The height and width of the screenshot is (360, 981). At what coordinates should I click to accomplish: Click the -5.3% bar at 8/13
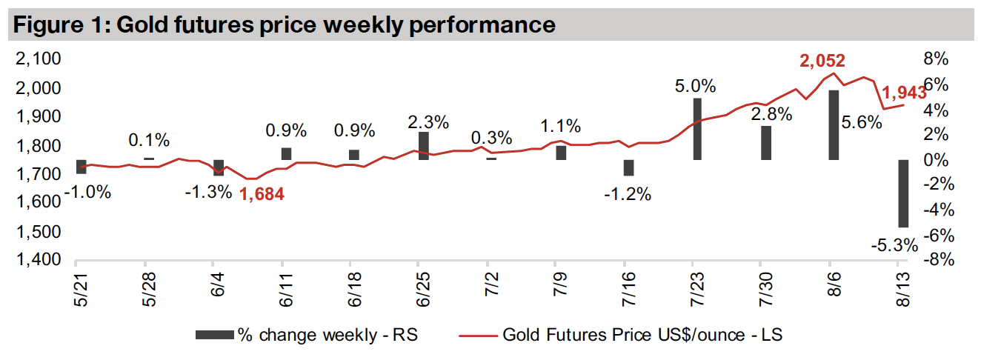pyautogui.click(x=903, y=193)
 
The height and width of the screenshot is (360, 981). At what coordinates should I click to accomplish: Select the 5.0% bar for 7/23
pyautogui.click(x=697, y=129)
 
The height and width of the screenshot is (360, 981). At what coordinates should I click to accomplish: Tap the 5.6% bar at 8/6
pyautogui.click(x=834, y=125)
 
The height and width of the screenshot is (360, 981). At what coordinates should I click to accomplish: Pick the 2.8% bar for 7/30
pyautogui.click(x=766, y=143)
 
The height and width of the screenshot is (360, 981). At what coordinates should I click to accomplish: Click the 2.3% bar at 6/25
pyautogui.click(x=424, y=146)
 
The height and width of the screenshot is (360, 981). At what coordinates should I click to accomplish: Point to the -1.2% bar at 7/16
pyautogui.click(x=629, y=167)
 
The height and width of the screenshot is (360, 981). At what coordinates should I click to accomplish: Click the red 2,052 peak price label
pyautogui.click(x=822, y=61)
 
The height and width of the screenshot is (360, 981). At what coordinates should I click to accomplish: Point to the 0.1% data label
pyautogui.click(x=149, y=140)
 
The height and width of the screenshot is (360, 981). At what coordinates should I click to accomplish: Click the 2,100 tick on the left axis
pyautogui.click(x=37, y=60)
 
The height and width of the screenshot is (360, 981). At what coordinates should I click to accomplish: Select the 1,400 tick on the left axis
pyautogui.click(x=37, y=261)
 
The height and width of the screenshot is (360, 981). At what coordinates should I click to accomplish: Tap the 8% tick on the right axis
pyautogui.click(x=935, y=60)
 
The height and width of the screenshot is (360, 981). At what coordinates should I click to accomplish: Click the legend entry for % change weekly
pyautogui.click(x=306, y=336)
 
